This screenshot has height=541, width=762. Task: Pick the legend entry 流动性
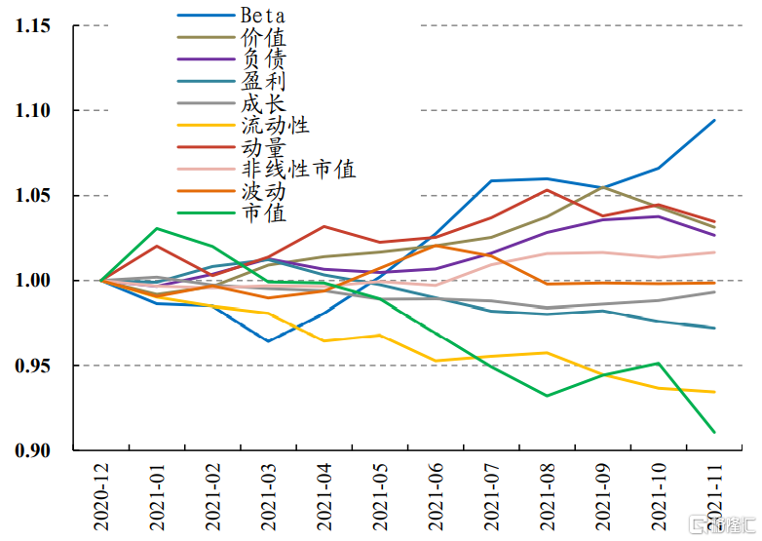click(274, 125)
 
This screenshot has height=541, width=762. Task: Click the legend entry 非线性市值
click(297, 169)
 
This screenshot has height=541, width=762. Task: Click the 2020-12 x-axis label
click(100, 497)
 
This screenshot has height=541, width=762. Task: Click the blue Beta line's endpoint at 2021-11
click(714, 120)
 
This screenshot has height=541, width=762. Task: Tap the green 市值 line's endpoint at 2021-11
click(714, 432)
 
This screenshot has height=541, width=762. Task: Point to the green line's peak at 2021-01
click(156, 229)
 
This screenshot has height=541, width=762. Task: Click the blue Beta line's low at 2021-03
click(268, 340)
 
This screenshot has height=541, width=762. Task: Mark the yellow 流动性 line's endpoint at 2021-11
click(714, 392)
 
